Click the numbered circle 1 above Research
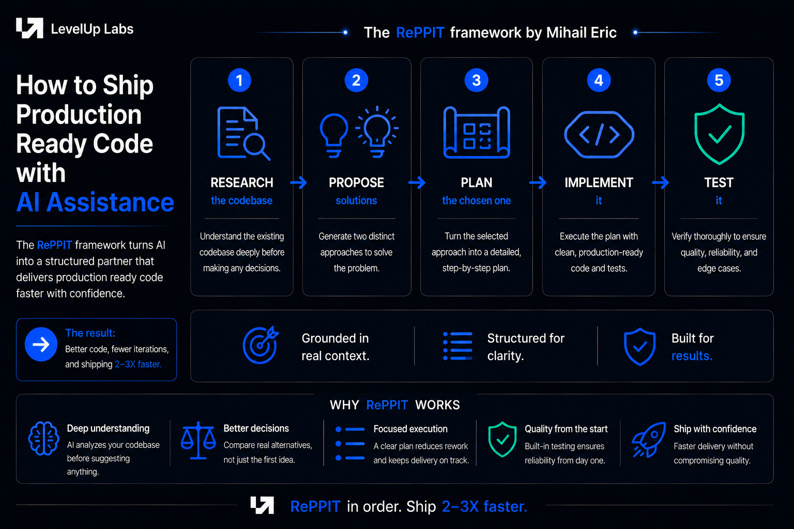[x=239, y=80]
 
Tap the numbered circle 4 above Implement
[x=599, y=80]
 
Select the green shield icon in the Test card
[x=719, y=134]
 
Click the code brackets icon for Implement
[x=599, y=134]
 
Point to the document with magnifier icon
[x=243, y=133]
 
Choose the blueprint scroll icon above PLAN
[x=477, y=132]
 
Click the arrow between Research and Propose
[x=298, y=182]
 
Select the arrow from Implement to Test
[x=660, y=182]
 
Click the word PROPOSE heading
[x=356, y=182]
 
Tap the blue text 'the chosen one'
[x=477, y=200]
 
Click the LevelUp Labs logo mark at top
[x=30, y=28]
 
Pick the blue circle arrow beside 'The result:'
[x=41, y=344]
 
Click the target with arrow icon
[x=261, y=345]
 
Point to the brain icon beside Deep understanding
[x=43, y=438]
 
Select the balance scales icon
[x=198, y=441]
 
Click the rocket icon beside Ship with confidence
[x=649, y=439]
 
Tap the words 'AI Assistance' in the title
[x=95, y=203]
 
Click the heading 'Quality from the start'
[x=566, y=429]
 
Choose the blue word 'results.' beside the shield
[x=692, y=355]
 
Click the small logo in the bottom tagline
[x=262, y=505]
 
